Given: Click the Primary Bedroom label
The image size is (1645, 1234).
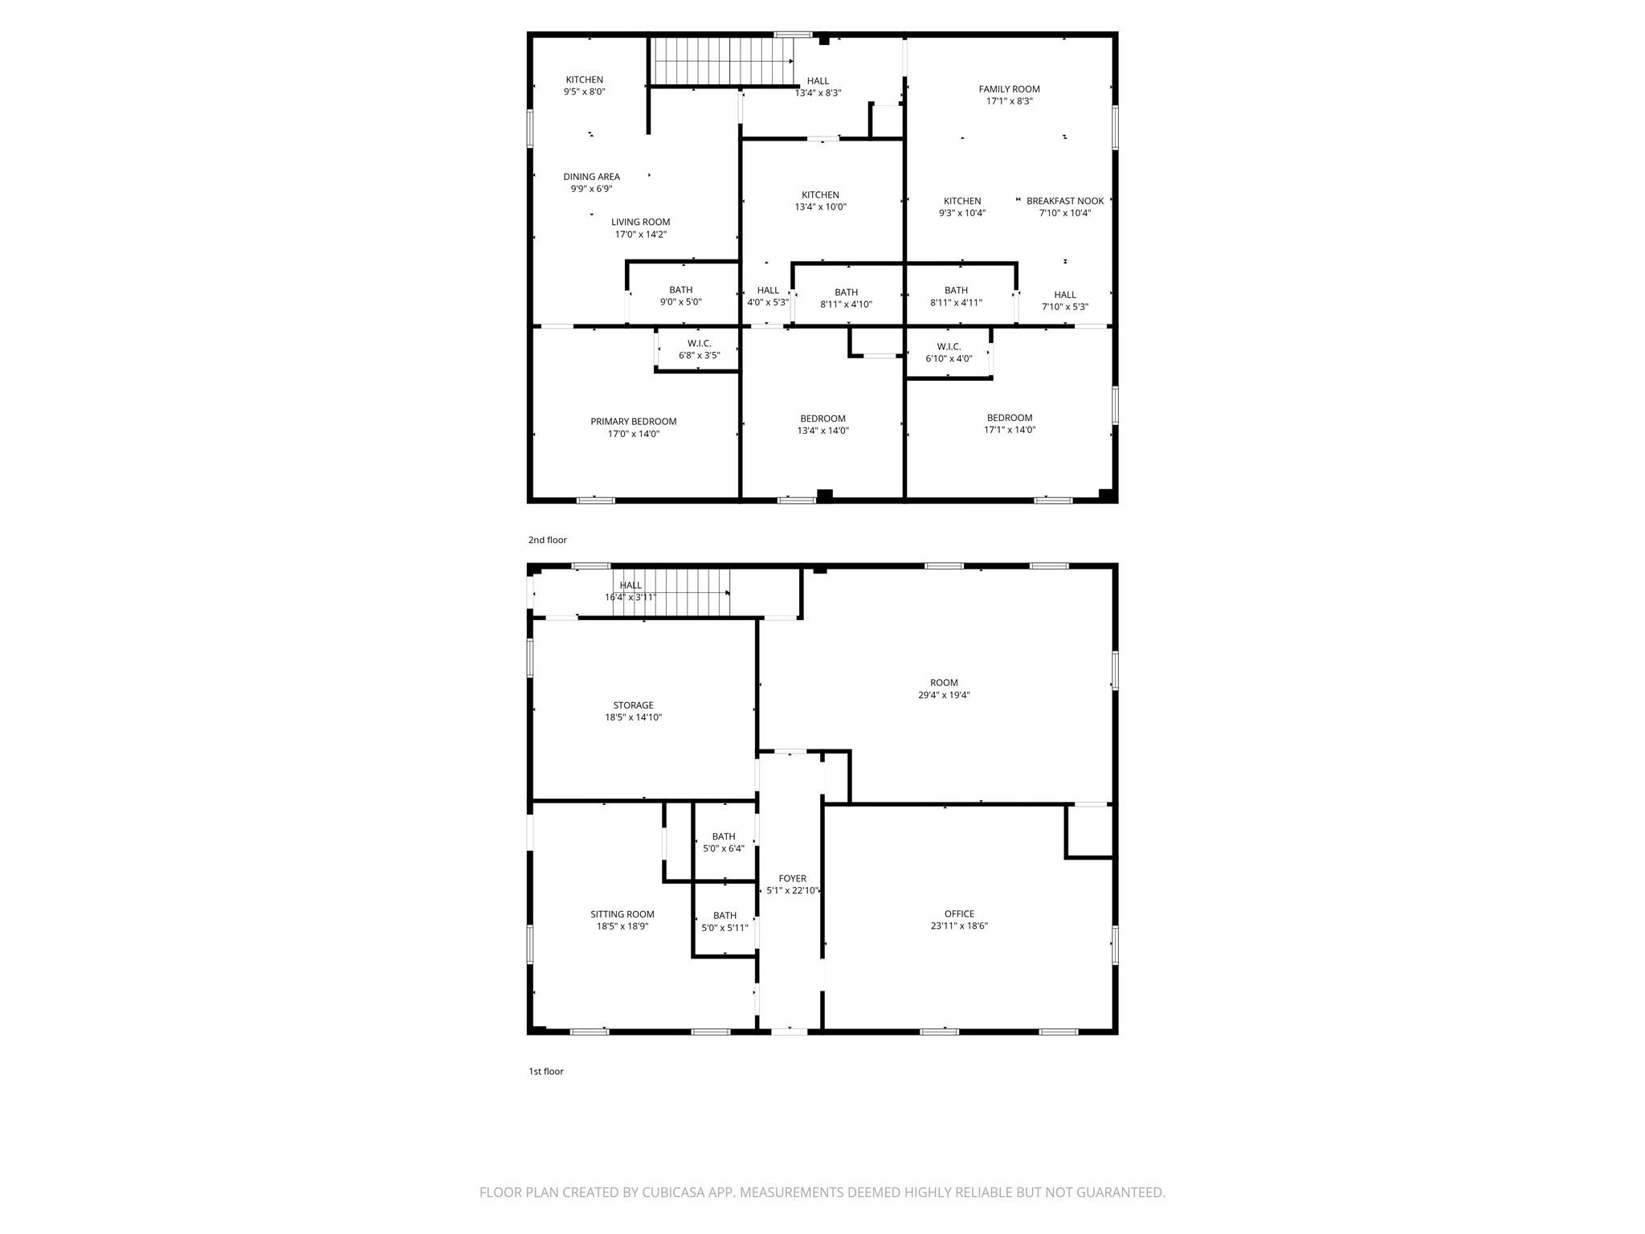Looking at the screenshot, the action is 633,422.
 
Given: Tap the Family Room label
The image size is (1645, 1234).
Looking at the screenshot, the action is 1009,89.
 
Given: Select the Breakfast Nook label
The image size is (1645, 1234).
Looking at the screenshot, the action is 1065,201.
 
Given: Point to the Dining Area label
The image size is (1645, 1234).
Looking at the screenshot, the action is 591,177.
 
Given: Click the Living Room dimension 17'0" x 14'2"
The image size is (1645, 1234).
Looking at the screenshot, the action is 640,235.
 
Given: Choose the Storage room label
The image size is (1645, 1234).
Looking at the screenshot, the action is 633,705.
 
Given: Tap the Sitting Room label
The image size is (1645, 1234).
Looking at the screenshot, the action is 622,914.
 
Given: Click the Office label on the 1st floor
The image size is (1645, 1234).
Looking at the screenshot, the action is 959,913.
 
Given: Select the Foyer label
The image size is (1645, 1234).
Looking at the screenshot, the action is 792,879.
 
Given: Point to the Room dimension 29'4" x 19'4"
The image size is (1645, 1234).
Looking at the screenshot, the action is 944,695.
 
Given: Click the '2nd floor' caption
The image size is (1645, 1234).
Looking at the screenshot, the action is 547,540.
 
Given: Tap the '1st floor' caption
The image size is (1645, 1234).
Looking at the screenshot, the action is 545,1071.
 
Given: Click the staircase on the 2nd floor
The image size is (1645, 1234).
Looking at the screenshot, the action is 721,61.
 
